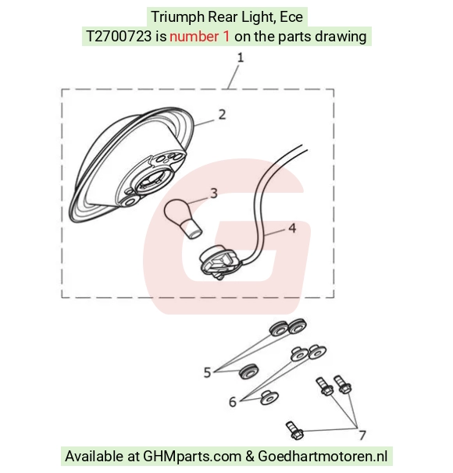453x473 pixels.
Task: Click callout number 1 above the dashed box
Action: [241, 57]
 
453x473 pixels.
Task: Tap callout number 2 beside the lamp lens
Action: [222, 115]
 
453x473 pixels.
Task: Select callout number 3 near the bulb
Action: [214, 194]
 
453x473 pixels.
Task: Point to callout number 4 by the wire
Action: [292, 229]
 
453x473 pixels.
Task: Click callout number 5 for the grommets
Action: [207, 372]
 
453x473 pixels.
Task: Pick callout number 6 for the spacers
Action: [233, 402]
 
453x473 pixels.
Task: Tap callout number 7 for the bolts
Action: [362, 435]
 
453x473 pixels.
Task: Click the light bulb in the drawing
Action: [183, 219]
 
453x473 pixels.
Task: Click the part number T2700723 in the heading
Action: [119, 37]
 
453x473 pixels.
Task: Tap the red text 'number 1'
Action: [199, 37]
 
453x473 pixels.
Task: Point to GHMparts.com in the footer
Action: [192, 456]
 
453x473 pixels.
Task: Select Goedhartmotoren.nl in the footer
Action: [323, 456]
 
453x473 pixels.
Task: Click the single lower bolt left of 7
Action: [294, 430]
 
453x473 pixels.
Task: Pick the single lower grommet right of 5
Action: [248, 371]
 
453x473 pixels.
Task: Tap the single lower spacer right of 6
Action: [269, 398]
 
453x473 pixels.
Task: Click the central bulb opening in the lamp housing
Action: [150, 182]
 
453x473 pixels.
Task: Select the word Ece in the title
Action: [291, 17]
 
